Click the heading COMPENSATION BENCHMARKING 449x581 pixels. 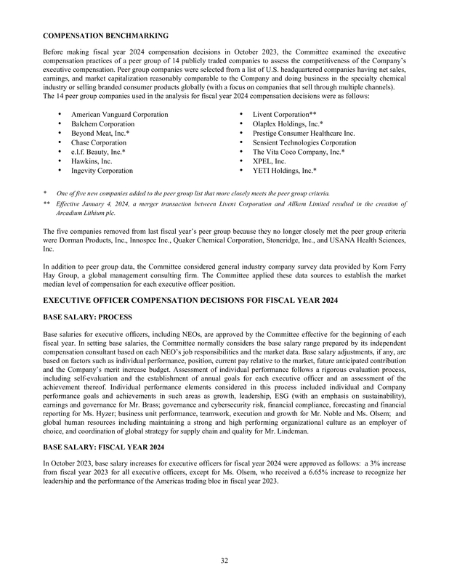106,35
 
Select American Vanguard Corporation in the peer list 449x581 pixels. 120,115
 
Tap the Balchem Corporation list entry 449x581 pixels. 102,124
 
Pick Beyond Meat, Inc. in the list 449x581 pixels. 100,134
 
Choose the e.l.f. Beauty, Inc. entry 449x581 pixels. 99,152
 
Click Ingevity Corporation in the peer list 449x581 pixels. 102,171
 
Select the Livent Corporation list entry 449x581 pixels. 283,115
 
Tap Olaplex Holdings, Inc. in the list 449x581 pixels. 288,124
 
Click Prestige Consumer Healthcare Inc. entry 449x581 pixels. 304,134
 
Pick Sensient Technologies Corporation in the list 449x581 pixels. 304,143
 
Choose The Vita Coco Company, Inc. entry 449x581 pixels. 299,152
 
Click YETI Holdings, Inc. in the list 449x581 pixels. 285,171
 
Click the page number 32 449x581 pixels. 224,559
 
